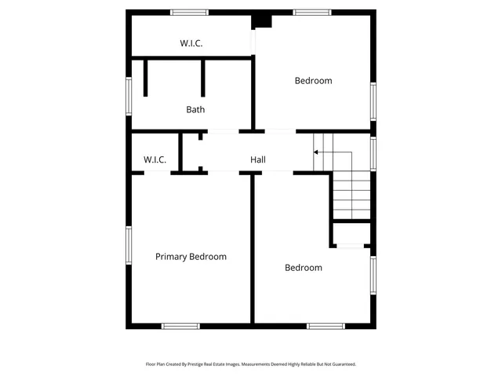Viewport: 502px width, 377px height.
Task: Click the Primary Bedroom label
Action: tap(191, 257)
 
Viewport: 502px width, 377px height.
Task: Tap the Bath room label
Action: tap(195, 110)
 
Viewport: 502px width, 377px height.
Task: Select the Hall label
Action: tap(257, 160)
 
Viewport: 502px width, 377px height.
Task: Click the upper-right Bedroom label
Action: tap(313, 81)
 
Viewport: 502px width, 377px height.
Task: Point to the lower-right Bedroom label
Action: tap(303, 268)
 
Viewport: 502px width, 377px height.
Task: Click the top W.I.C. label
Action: tap(191, 44)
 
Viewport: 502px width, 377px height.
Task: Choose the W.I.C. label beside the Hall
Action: tap(155, 160)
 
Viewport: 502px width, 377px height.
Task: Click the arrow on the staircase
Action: tap(317, 152)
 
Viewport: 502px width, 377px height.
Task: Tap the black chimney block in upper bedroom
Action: tap(264, 21)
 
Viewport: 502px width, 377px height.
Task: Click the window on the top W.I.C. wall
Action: tap(189, 12)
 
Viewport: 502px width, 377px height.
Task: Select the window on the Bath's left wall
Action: tap(129, 96)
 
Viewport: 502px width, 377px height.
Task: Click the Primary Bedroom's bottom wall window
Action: tap(180, 326)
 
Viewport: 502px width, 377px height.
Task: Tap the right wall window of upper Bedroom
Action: tap(373, 101)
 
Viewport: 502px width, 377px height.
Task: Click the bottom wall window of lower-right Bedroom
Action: tap(326, 326)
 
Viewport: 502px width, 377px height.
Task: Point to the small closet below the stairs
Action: tap(351, 235)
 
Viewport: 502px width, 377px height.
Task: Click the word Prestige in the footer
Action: tap(209, 364)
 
